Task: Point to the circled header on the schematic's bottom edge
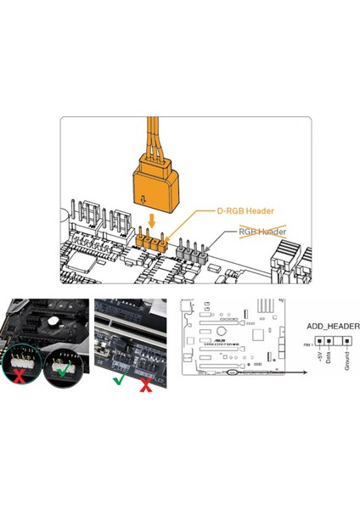234,372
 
